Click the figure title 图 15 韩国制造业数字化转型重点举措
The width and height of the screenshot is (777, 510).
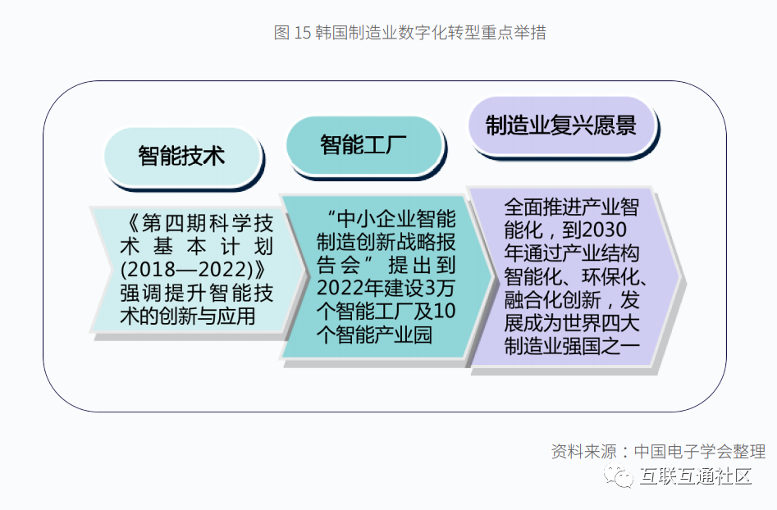coord(409,33)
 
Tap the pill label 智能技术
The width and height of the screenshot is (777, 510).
coord(181,156)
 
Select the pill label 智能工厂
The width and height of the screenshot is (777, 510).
coord(363,144)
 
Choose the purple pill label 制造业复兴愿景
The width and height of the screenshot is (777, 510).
coord(561,125)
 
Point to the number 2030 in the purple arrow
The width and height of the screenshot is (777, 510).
coord(605,230)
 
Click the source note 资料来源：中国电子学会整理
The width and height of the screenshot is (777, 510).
coord(659,451)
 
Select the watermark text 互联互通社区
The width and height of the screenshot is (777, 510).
coord(696,476)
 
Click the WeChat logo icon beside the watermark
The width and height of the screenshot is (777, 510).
coord(619,476)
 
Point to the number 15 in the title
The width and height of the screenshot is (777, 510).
coord(302,33)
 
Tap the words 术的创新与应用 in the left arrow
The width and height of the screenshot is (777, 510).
coord(188,316)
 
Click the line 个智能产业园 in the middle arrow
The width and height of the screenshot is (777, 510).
coord(375,335)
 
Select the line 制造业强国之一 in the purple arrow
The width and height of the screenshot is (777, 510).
coord(572,346)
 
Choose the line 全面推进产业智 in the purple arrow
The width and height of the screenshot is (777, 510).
coord(572,207)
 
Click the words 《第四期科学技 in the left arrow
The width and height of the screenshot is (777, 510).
coord(197,223)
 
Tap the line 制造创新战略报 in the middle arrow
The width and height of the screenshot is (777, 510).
coord(386,242)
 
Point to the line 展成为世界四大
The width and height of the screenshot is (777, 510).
coord(572,323)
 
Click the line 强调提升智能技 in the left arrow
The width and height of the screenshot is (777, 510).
coord(197,293)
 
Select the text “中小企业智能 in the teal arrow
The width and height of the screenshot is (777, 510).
coord(391,219)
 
